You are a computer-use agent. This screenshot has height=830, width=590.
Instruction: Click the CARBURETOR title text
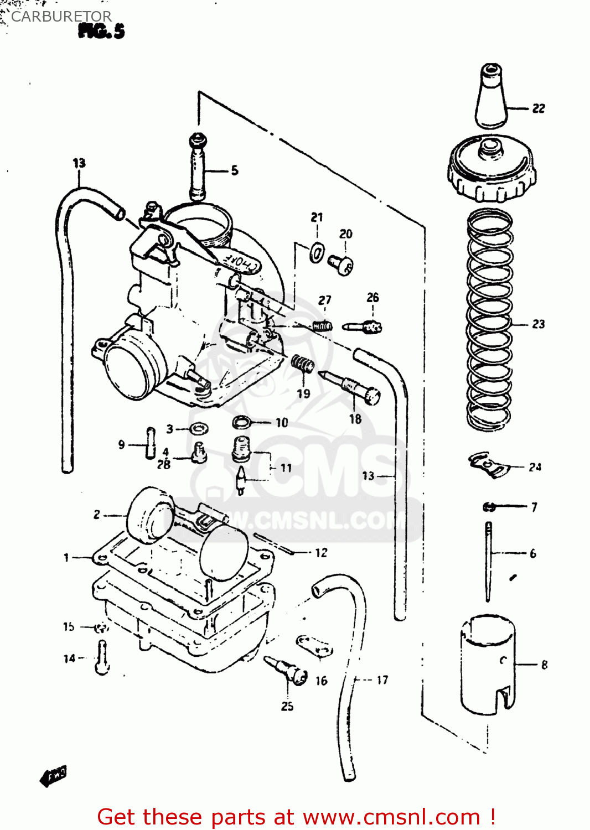point(61,17)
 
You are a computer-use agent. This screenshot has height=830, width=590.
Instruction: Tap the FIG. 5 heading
point(101,31)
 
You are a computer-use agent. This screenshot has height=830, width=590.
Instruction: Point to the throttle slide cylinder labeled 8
point(488,664)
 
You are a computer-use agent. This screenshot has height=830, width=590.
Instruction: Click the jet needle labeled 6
point(488,562)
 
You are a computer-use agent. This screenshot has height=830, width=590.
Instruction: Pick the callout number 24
point(535,468)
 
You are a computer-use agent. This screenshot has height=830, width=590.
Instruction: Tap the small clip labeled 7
point(489,506)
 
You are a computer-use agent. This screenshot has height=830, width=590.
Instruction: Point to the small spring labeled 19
point(303,364)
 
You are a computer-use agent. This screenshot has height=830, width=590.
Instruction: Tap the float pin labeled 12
point(275,543)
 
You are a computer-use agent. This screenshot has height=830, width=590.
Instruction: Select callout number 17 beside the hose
point(382,680)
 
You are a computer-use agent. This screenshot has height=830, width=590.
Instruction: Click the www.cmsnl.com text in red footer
point(391,817)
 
